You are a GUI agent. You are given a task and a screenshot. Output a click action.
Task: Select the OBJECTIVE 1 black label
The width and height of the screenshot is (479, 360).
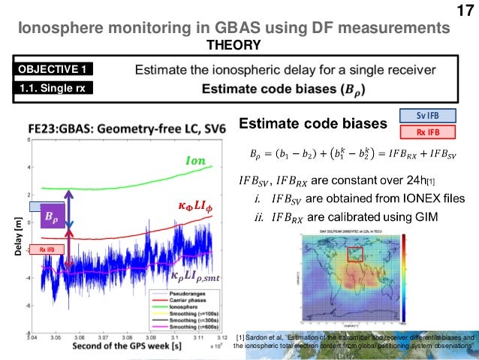click(53, 69)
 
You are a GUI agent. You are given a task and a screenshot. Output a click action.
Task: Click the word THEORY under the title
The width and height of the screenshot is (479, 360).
click(239, 45)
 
